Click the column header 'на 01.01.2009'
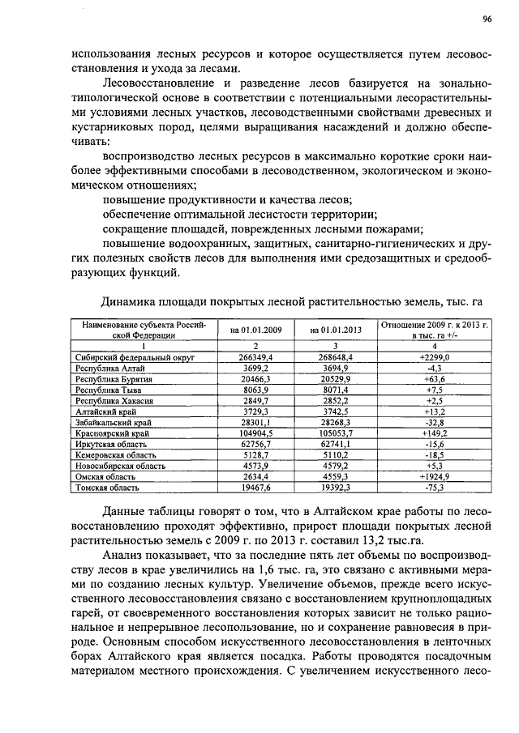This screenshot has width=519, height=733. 256,330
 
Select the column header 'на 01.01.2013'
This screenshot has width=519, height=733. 335,330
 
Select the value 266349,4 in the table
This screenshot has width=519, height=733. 256,356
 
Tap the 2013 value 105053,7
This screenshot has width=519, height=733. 335,433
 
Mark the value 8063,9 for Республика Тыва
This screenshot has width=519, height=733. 256,390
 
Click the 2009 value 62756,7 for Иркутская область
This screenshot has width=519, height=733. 256,445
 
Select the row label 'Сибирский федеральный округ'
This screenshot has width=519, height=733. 132,356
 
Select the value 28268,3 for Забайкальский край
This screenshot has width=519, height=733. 335,423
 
